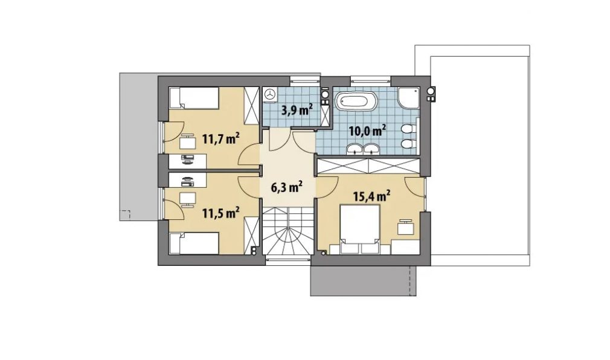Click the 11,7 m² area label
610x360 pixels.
220,139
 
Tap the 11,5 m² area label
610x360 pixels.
220,213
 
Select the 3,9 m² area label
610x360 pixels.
298,111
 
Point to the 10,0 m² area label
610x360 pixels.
367,130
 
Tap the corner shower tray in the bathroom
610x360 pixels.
408,98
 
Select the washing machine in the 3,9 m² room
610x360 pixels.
270,94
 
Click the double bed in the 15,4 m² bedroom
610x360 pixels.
360,228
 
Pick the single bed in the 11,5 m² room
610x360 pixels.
194,244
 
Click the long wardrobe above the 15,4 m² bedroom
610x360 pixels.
368,166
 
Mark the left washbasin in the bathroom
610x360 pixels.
355,149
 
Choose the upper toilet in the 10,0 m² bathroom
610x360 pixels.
407,129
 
